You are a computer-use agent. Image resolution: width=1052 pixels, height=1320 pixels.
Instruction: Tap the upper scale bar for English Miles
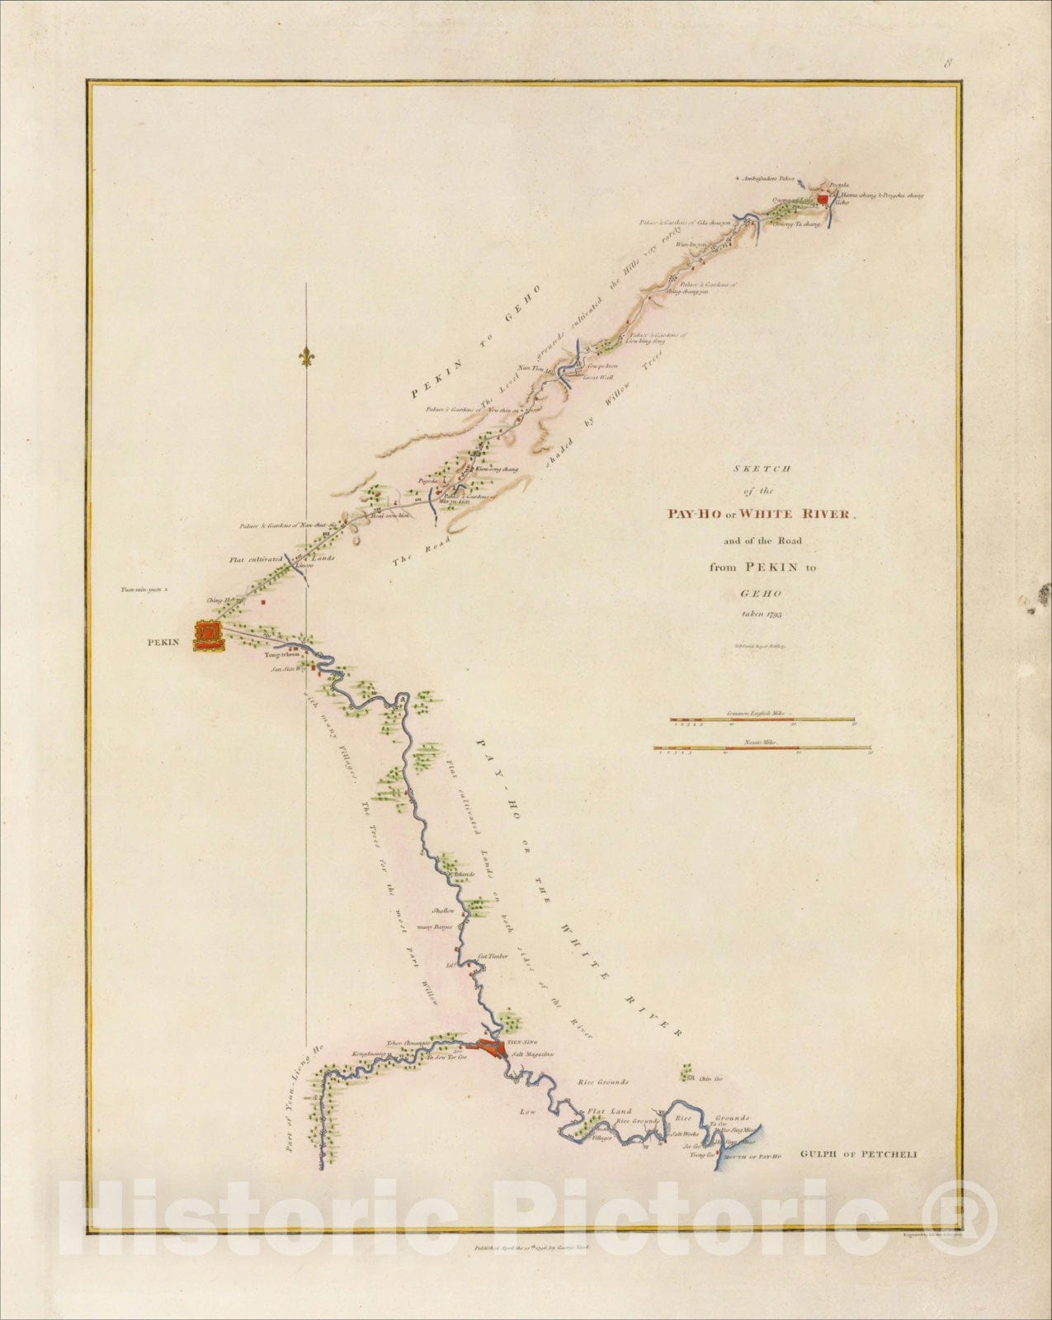click(762, 719)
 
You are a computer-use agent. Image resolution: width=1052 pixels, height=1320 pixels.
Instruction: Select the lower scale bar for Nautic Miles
click(762, 748)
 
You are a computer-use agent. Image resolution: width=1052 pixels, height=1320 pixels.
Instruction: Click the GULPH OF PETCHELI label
click(858, 1155)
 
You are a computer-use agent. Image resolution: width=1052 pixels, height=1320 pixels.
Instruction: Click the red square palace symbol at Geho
click(822, 199)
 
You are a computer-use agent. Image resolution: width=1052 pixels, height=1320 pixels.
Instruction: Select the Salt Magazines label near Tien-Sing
click(531, 1054)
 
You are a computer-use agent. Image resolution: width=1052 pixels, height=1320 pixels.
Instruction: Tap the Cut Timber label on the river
click(493, 956)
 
